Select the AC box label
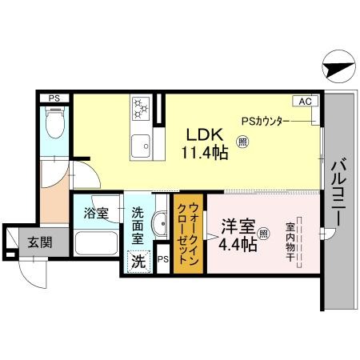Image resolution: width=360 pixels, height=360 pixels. point(306,102)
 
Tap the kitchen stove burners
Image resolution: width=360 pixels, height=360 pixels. point(141,107)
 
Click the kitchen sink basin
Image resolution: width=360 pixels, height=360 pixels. point(141,146)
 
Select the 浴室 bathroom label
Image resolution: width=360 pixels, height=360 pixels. point(95,214)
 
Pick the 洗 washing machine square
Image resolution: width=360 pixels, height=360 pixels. point(138,262)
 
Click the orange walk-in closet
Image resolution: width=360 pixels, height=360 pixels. point(188,234)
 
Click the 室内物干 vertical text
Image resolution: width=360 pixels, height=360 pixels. point(291,239)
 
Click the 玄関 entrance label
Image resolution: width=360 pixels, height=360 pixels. point(33,242)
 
